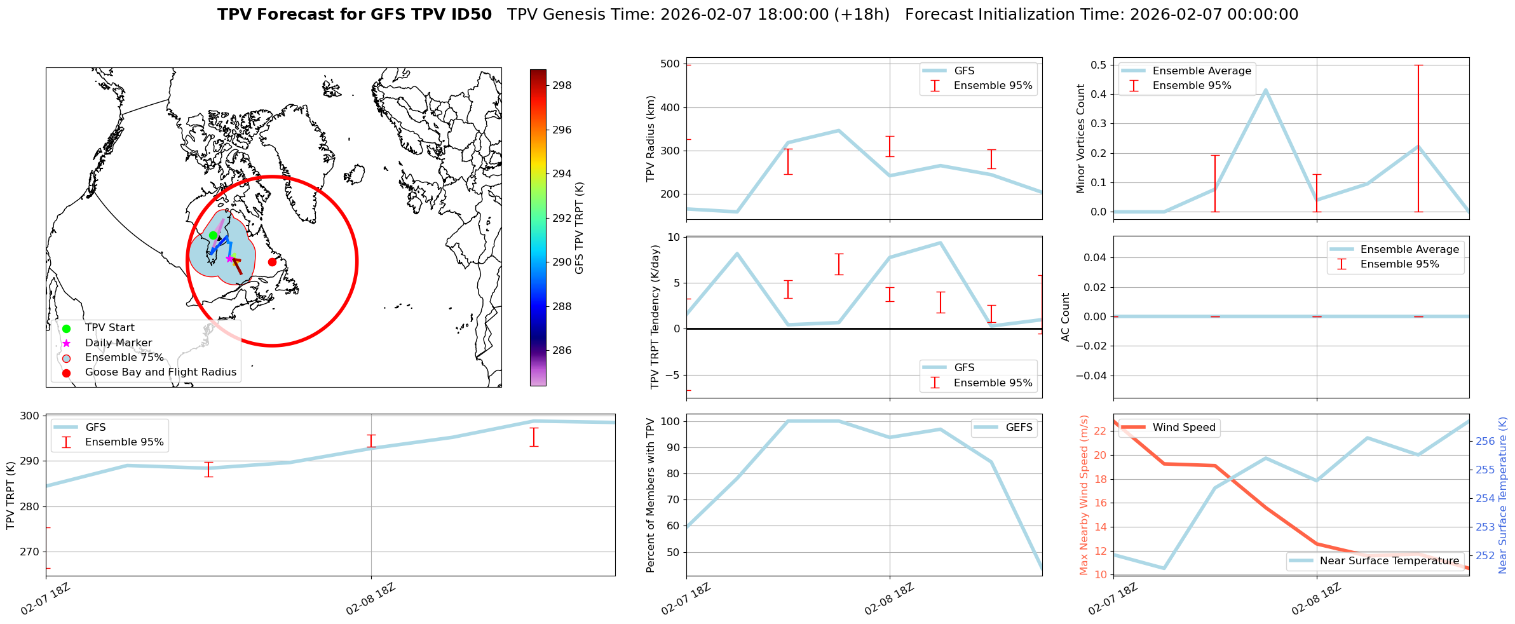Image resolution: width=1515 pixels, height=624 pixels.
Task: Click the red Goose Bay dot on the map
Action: click(272, 262)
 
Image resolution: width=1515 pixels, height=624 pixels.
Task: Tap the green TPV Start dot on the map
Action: click(213, 235)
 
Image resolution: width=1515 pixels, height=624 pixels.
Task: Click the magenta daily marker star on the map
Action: click(229, 259)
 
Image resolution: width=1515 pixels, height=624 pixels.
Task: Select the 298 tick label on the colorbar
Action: click(562, 86)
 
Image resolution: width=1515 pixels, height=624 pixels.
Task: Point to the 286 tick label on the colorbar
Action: click(562, 351)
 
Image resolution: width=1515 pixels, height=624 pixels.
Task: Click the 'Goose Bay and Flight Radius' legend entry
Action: click(160, 372)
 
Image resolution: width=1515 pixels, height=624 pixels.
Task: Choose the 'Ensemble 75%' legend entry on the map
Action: click(124, 358)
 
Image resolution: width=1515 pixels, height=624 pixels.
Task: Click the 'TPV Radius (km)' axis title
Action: click(650, 139)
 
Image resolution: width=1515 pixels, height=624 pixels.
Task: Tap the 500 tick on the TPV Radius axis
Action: click(670, 64)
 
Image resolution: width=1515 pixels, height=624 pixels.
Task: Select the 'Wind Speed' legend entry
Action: click(1184, 428)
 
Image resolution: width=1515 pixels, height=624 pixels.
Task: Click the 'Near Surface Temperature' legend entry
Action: click(1389, 561)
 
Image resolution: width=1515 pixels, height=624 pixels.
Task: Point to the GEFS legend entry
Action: click(1019, 428)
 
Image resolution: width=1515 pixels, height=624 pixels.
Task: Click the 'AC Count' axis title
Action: click(1066, 317)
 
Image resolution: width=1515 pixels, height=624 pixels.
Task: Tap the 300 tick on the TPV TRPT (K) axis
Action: click(29, 416)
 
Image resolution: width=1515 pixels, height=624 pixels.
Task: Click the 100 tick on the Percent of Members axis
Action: click(670, 422)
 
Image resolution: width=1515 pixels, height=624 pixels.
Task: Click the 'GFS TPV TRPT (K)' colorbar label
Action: click(579, 228)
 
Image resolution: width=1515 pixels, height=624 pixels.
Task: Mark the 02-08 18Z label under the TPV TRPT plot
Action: click(370, 599)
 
